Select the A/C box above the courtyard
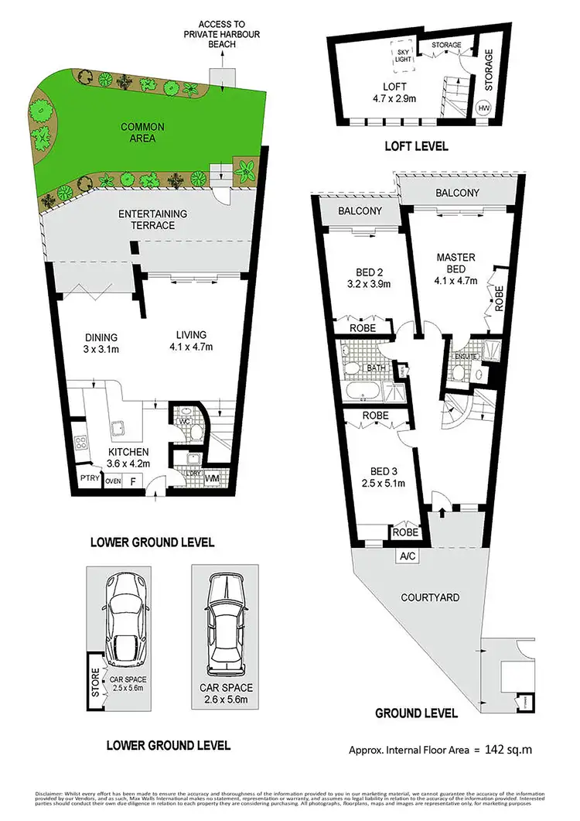[406, 556]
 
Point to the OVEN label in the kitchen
[114, 481]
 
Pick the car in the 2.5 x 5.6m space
[125, 611]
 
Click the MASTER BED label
[455, 263]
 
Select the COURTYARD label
[430, 597]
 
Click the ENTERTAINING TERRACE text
[147, 219]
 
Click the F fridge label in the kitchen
[133, 481]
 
